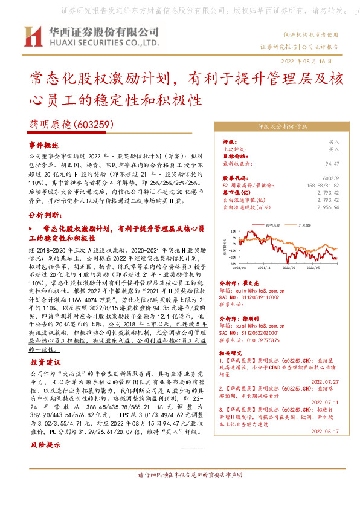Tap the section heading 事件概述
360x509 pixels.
43,146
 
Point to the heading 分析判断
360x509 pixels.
45,215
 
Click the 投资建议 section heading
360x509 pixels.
43,362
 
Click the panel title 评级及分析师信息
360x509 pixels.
283,127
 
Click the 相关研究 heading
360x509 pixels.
231,352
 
